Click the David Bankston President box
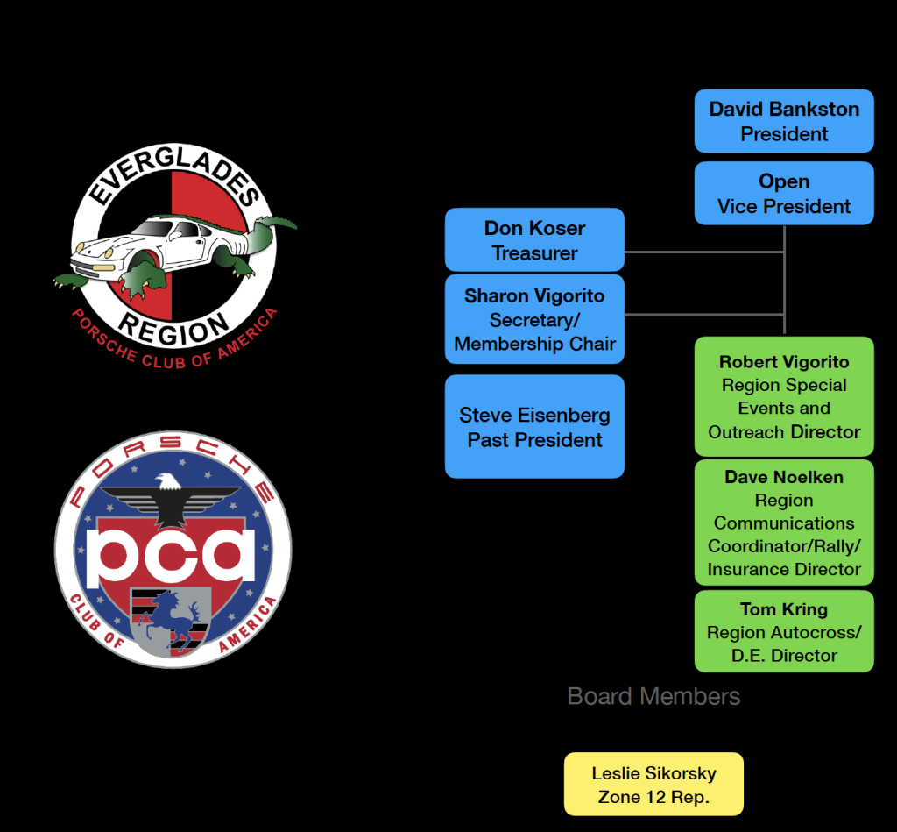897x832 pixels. pos(784,121)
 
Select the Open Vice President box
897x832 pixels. pos(784,193)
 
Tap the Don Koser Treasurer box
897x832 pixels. pos(534,239)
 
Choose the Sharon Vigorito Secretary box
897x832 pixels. pos(534,319)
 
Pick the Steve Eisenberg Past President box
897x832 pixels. pos(534,427)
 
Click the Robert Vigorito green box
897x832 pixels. pos(784,396)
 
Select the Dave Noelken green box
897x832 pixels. pos(784,523)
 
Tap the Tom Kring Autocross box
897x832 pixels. pos(784,631)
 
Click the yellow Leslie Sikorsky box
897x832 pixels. pos(653,785)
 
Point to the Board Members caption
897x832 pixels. pos(653,697)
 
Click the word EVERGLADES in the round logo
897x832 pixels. pos(175,175)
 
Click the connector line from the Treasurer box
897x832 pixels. pos(701,252)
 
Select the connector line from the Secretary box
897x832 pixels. pos(701,314)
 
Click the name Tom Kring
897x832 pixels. pos(784,609)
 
